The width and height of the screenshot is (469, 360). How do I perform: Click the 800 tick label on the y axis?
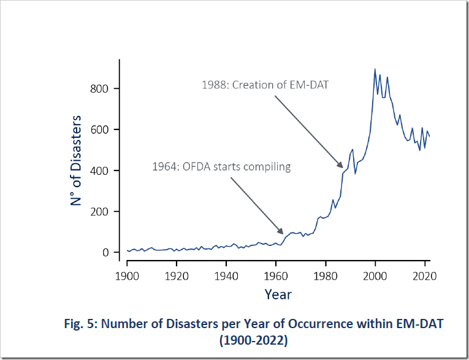(101, 88)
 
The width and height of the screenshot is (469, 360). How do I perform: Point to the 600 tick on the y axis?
(101, 129)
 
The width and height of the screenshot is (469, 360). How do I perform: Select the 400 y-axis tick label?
(101, 170)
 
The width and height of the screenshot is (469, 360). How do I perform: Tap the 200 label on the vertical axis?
(101, 212)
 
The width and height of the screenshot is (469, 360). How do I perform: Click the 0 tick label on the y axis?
(105, 253)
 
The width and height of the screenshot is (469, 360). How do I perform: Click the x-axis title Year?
(278, 294)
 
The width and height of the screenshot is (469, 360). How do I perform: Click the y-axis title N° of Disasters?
(76, 160)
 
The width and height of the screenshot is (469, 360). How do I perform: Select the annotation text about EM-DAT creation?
(265, 85)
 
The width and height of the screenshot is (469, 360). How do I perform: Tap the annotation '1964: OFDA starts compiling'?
(221, 166)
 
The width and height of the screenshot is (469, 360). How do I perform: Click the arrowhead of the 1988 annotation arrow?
(341, 166)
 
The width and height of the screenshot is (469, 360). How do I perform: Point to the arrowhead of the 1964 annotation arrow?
(283, 232)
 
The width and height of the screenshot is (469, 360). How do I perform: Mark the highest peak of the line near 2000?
(375, 69)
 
